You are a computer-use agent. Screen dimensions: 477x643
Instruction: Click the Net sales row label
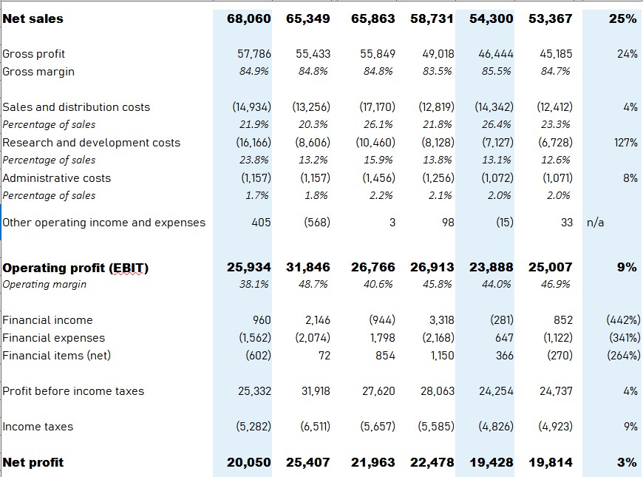click(33, 18)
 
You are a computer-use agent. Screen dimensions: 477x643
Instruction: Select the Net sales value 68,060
click(248, 18)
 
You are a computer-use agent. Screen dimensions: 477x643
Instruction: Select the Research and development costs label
click(92, 143)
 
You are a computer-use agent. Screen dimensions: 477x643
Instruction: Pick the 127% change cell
click(625, 143)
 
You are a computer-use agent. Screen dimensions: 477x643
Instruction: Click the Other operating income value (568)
click(316, 223)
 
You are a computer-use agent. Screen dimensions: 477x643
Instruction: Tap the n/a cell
click(595, 223)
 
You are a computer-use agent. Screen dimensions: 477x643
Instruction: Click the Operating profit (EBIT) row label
click(75, 267)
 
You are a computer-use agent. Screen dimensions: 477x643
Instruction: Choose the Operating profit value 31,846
click(307, 267)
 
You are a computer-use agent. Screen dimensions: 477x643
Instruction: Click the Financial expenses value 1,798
click(381, 338)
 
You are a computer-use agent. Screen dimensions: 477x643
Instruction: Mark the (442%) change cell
click(622, 320)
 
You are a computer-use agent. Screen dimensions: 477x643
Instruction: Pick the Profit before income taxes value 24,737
click(556, 391)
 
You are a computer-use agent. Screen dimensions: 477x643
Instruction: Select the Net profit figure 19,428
click(491, 462)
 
